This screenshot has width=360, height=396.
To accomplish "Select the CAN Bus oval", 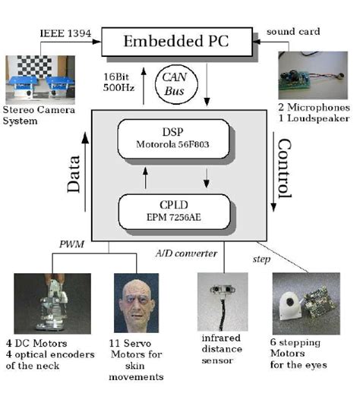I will tap(175, 80).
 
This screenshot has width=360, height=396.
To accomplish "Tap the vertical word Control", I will tap(283, 168).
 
